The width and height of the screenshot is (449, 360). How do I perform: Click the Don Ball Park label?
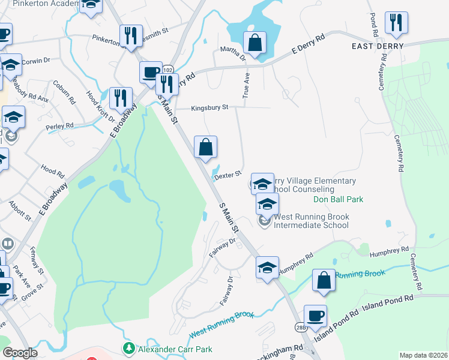point(339,199)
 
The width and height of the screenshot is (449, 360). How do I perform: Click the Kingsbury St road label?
point(210,108)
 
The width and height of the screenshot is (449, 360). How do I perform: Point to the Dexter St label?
point(228,175)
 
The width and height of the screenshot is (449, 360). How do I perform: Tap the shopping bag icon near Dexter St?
point(205,147)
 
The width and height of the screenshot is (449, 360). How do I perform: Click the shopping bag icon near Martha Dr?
point(255,43)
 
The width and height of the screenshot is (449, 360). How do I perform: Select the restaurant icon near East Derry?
point(396,23)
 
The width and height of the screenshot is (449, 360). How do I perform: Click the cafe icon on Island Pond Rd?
point(315,316)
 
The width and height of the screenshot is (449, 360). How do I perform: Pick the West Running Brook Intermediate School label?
point(311,221)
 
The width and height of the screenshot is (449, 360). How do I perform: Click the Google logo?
point(20,353)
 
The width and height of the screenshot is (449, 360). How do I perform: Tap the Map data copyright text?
point(423,355)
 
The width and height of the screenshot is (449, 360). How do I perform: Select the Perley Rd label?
point(59,127)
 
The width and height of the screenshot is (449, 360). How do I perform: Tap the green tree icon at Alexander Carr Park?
point(128,348)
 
